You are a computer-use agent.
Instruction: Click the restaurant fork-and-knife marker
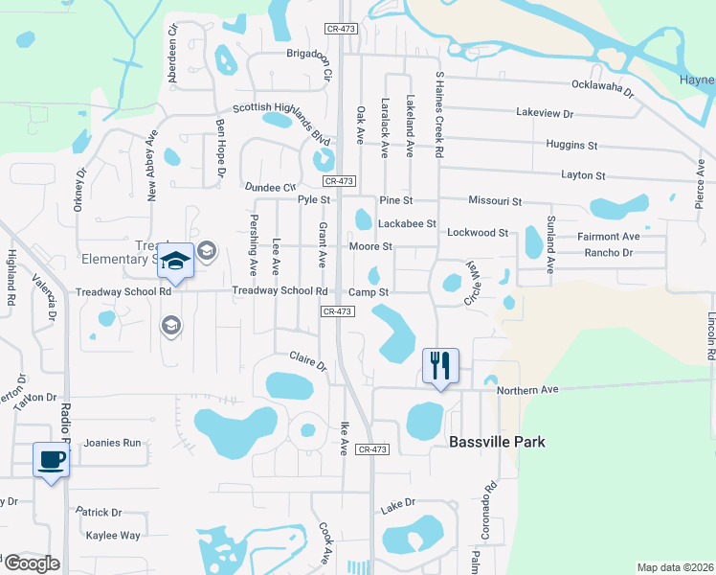(x=440, y=365)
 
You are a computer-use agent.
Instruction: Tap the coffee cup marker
(x=51, y=459)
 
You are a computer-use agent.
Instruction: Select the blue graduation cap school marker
(x=176, y=260)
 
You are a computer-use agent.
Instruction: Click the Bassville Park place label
(x=498, y=442)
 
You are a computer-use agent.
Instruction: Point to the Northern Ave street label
(x=526, y=390)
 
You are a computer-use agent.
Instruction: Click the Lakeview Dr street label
(x=544, y=113)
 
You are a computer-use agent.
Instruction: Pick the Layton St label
(x=583, y=175)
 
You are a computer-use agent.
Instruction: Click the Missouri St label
(x=495, y=201)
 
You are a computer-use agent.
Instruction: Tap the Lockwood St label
(x=478, y=233)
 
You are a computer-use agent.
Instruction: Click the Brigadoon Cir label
(x=308, y=54)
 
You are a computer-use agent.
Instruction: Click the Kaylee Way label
(x=113, y=536)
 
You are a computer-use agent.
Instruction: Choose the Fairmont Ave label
(x=608, y=236)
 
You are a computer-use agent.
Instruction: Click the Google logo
(x=31, y=563)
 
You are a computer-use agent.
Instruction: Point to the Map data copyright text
(x=674, y=567)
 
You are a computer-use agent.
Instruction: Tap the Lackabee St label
(x=407, y=223)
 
